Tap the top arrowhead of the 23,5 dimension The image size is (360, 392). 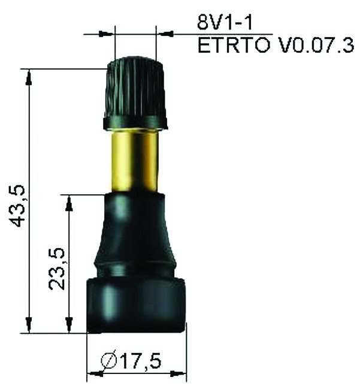69,201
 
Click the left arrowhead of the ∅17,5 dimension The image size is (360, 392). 93,374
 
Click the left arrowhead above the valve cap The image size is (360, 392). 107,34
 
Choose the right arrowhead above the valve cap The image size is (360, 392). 163,34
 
